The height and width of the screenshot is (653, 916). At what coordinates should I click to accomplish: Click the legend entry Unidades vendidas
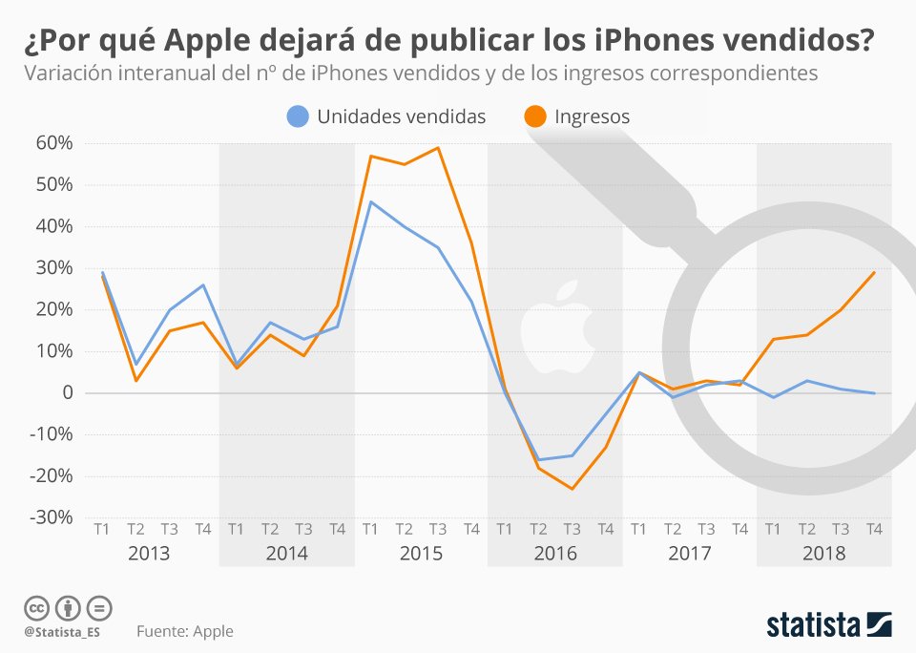point(386,116)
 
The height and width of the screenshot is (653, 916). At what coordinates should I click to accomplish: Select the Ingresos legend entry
point(576,116)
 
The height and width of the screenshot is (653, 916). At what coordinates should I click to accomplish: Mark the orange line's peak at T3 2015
point(437,148)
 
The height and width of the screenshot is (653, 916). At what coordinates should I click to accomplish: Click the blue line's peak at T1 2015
point(370,201)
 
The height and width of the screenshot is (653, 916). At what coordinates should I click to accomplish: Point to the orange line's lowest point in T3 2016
point(572,489)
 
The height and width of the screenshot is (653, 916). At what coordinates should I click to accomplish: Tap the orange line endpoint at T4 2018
point(874,272)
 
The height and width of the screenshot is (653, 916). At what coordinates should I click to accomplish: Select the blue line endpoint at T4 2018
point(874,392)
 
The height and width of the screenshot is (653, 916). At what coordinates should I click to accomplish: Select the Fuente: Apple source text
point(184,631)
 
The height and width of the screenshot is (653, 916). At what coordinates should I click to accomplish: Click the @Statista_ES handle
point(63,632)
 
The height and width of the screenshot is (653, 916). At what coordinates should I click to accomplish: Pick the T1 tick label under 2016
point(505,529)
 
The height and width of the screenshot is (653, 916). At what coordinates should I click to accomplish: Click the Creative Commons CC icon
point(36,607)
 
